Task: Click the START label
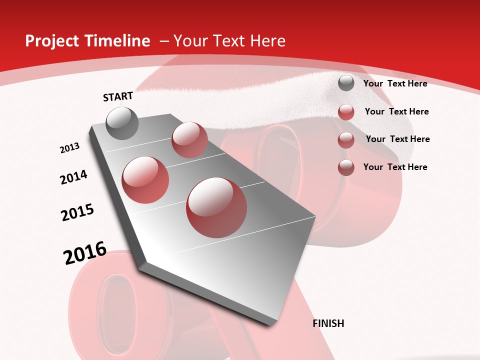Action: click(x=118, y=96)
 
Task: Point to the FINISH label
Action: click(x=328, y=323)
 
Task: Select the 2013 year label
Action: click(x=69, y=148)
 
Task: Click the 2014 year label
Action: click(x=73, y=177)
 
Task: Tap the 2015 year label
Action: click(x=77, y=212)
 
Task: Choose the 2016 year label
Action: click(x=85, y=253)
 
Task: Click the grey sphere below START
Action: click(x=122, y=123)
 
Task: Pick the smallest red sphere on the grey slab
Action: click(x=189, y=140)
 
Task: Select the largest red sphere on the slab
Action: click(x=216, y=207)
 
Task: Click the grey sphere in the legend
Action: click(x=346, y=83)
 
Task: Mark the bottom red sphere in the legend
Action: click(x=346, y=167)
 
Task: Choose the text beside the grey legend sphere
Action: click(x=395, y=83)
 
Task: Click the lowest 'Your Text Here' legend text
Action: click(x=395, y=167)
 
